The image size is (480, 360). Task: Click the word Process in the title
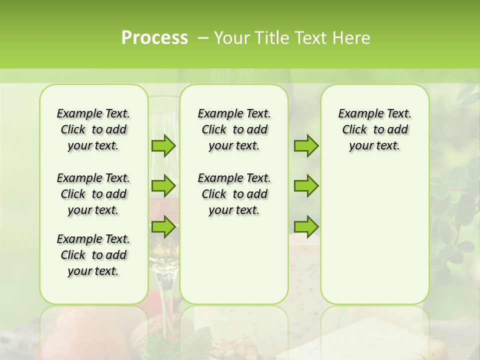154,38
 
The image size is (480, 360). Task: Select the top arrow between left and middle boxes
163,145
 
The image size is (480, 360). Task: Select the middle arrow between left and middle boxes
163,186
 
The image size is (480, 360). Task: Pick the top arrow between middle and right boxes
306,145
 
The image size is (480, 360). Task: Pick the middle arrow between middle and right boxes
306,186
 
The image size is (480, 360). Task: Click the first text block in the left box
93,129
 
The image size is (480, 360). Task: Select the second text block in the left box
93,194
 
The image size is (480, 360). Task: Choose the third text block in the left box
93,255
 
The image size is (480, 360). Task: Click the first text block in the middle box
234,129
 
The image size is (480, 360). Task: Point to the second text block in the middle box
234,194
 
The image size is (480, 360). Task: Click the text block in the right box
374,129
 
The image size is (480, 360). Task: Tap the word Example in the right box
357,114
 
